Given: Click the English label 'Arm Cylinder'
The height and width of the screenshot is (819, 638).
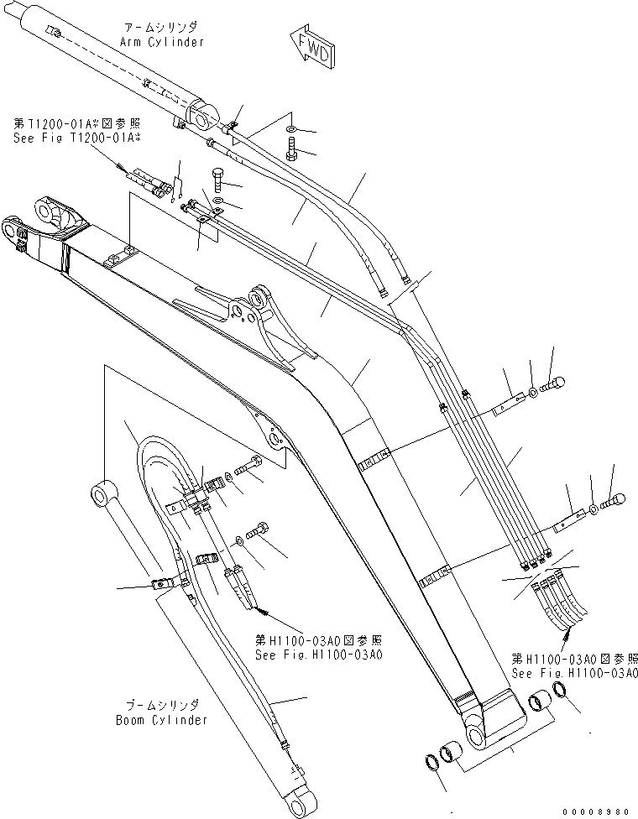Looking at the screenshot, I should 165,42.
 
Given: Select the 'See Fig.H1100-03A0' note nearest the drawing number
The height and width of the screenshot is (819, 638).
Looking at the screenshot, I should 575,673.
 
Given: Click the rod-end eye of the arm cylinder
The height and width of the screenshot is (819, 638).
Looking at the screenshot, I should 201,117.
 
